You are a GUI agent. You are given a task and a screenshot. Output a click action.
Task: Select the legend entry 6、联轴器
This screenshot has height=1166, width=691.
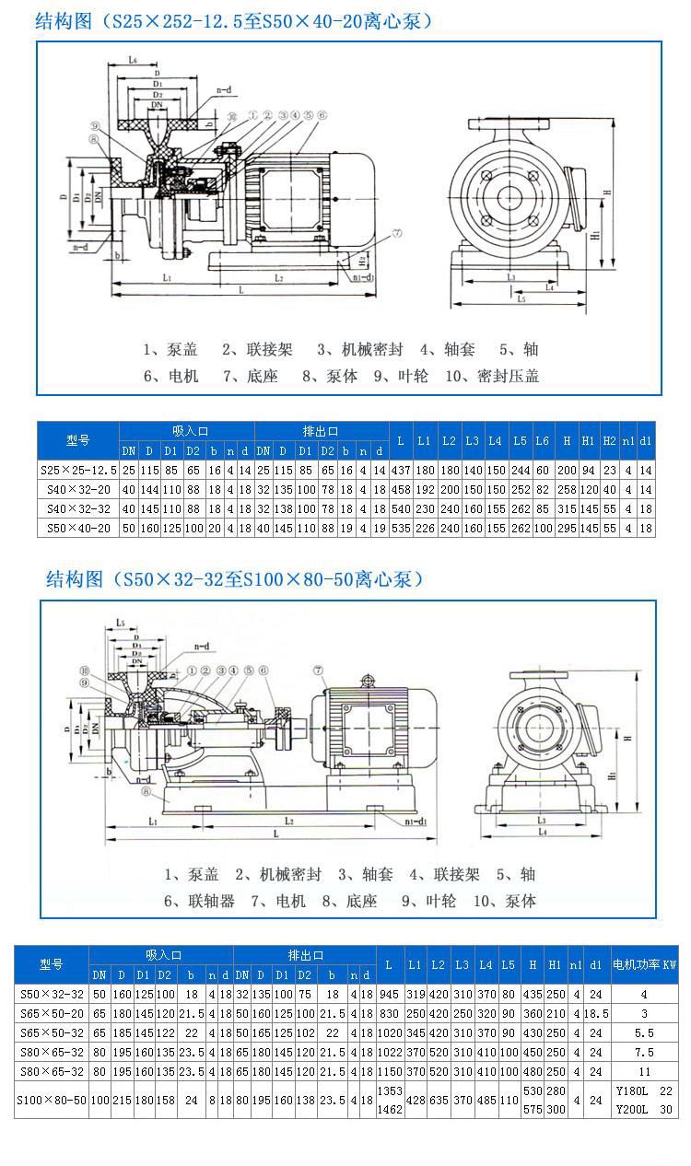[x=199, y=901]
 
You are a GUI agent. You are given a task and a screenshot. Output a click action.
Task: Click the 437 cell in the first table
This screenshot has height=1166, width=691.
[x=401, y=469]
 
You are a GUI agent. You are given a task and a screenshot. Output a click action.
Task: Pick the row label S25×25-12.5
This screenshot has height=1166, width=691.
[x=78, y=469]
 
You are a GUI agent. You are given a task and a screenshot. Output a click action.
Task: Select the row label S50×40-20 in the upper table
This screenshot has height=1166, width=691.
[x=78, y=528]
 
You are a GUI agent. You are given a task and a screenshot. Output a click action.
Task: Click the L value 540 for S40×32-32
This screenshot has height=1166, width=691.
[x=401, y=508]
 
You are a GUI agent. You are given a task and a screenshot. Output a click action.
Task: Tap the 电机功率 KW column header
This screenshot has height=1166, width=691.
[x=644, y=964]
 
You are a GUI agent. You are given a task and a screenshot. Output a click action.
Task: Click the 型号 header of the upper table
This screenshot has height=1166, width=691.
[x=78, y=440]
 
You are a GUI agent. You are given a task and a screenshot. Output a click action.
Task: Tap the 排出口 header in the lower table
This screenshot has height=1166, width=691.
[x=304, y=956]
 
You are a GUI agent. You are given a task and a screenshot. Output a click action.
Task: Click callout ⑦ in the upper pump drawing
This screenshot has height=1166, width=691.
[x=397, y=234]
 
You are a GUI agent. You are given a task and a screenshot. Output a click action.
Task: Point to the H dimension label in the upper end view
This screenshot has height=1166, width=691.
[x=607, y=192]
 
